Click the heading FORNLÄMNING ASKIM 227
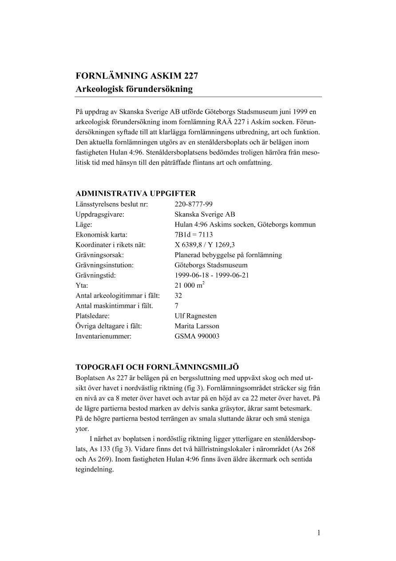pyautogui.click(x=137, y=76)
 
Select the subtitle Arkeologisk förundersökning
pyautogui.click(x=134, y=89)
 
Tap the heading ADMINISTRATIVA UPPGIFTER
pyautogui.click(x=135, y=193)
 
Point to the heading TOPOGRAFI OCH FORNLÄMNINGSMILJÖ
pyautogui.click(x=157, y=367)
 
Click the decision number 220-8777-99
pyautogui.click(x=194, y=204)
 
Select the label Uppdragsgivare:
pyautogui.click(x=100, y=214)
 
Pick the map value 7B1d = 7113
pyautogui.click(x=194, y=235)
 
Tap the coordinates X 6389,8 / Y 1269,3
pyautogui.click(x=205, y=245)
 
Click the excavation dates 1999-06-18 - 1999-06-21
pyautogui.click(x=212, y=275)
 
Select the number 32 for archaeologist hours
pyautogui.click(x=178, y=295)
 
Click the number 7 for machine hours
pyautogui.click(x=177, y=306)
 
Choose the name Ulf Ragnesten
pyautogui.click(x=196, y=316)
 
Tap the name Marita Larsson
pyautogui.click(x=197, y=326)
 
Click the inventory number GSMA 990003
pyautogui.click(x=197, y=336)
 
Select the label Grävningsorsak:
pyautogui.click(x=99, y=255)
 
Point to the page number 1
pyautogui.click(x=318, y=533)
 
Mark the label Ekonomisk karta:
pyautogui.click(x=101, y=235)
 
